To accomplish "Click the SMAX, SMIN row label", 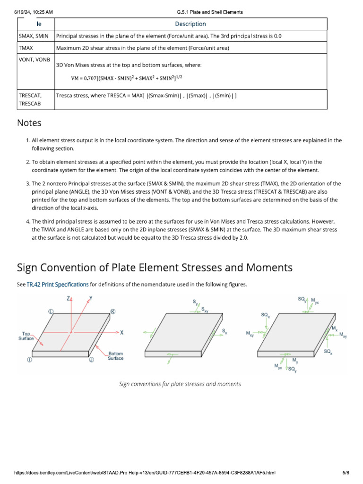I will [x=34, y=36].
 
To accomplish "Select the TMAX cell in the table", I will [x=26, y=48].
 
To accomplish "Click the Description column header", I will [x=190, y=24].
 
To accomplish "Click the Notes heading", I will [x=29, y=123].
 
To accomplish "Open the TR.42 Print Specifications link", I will [x=58, y=285].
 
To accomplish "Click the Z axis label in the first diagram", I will [x=69, y=299].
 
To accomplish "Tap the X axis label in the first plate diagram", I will [x=121, y=333].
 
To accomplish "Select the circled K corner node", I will [x=113, y=311].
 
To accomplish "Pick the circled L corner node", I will [x=51, y=311].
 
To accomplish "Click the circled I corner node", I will [x=29, y=360].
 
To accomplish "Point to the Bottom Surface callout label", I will [x=116, y=356].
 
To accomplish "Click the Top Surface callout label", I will [x=26, y=336].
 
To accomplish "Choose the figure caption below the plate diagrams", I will [x=180, y=384].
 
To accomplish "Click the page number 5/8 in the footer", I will [x=346, y=473].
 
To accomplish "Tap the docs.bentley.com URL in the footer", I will [x=145, y=473].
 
